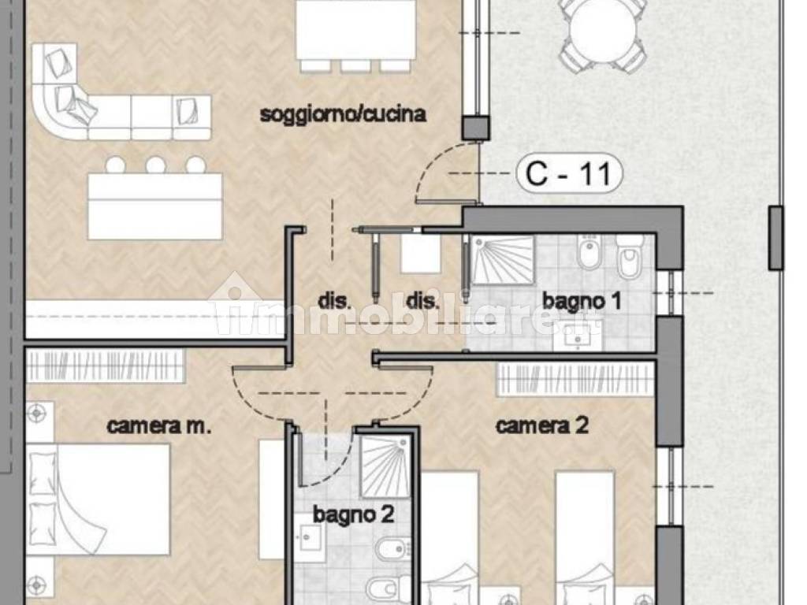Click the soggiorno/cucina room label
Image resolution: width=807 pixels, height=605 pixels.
[x=343, y=114]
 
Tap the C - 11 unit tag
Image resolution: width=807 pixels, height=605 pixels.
[x=569, y=173]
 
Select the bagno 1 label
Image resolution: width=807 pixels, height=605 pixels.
[x=582, y=301]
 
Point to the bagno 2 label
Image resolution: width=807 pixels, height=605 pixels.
[x=354, y=514]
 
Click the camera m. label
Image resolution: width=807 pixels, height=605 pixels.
[x=159, y=426]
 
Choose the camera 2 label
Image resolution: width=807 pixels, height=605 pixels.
[x=542, y=425]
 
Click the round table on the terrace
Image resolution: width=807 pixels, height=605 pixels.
[x=602, y=30]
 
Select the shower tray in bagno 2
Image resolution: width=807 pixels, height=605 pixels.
[x=385, y=466]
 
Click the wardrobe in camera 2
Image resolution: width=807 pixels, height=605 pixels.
[x=575, y=380]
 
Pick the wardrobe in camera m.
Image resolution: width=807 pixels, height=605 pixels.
[x=105, y=366]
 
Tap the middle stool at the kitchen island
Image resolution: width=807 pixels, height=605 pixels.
[x=155, y=165]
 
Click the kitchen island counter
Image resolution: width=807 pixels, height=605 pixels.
[x=155, y=206]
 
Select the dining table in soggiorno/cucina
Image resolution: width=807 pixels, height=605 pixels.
[x=356, y=30]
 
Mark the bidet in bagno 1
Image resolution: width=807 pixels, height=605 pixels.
[x=589, y=252]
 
